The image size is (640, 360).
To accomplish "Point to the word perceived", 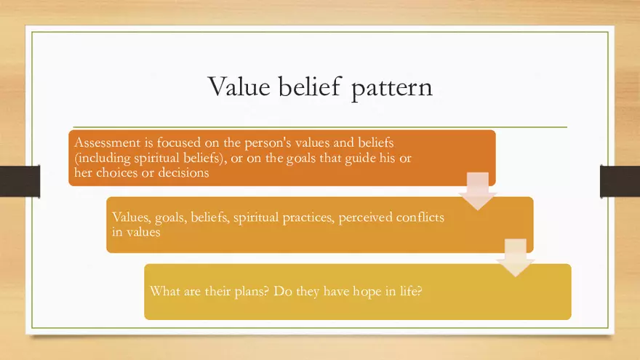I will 366,217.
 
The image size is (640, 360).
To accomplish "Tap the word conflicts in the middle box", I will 420,217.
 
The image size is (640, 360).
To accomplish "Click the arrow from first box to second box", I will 478,191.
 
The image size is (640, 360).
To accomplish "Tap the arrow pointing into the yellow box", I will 516,257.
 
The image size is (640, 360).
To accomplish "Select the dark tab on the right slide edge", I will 620,181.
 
